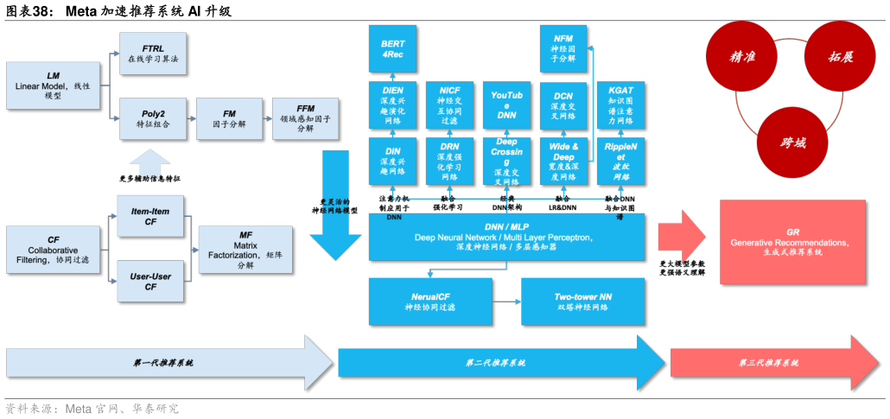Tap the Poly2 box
click(x=153, y=118)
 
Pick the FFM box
click(x=305, y=118)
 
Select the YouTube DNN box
click(x=507, y=105)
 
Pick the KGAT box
click(x=620, y=105)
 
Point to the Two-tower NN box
click(x=583, y=302)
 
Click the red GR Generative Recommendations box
click(x=792, y=242)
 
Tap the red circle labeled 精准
click(x=742, y=57)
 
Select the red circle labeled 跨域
click(x=792, y=143)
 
